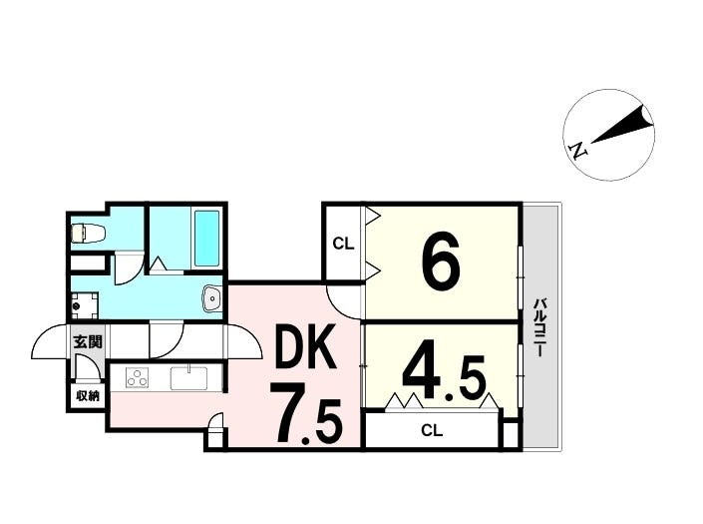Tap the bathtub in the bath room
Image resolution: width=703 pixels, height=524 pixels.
(x=206, y=238)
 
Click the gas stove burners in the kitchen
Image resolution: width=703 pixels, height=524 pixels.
(x=137, y=378)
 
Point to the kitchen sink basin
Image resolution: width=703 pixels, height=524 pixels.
(x=187, y=378)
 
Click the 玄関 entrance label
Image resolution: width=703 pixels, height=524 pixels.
(x=87, y=342)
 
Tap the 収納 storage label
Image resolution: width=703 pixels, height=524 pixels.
(x=87, y=395)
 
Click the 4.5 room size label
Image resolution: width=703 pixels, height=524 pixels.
(x=443, y=376)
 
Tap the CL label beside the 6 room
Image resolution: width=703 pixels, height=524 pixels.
(x=342, y=243)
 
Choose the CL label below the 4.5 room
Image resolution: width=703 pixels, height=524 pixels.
(x=431, y=431)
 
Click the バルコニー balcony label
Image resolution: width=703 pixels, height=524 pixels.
(x=539, y=328)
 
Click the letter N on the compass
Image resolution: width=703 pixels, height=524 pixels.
(x=577, y=151)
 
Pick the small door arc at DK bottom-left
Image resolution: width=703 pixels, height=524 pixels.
(x=214, y=435)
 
